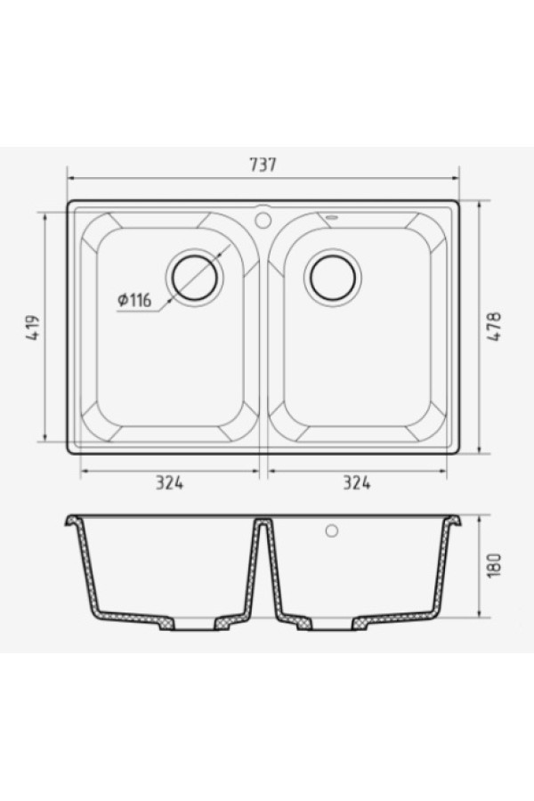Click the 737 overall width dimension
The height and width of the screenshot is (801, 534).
[x=263, y=165]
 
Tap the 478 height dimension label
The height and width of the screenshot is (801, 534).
[x=495, y=327]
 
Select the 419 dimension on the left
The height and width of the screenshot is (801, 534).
[x=33, y=328]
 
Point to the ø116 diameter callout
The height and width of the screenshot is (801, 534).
[x=134, y=300]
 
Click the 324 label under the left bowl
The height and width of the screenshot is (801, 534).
[x=170, y=482]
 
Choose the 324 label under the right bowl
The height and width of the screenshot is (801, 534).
[x=357, y=482]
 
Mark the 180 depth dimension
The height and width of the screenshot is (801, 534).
[x=495, y=565]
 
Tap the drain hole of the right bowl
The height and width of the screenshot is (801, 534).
[x=333, y=278]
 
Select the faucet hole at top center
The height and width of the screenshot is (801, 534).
[x=263, y=220]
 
